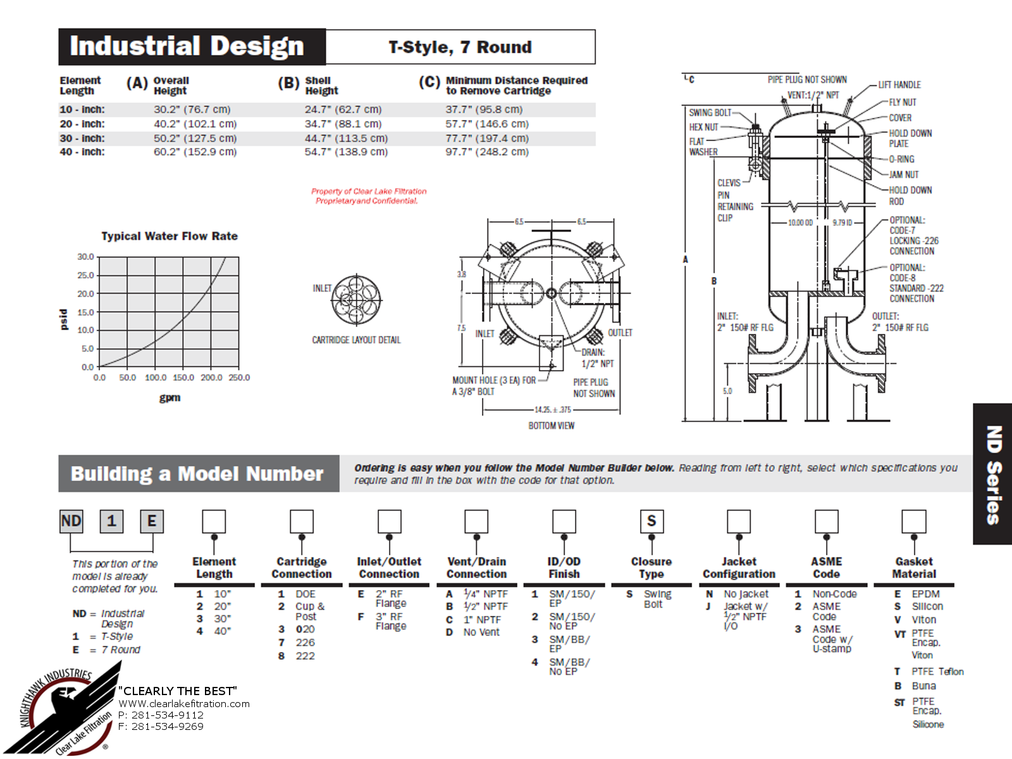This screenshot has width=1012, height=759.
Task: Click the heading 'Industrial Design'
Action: click(187, 46)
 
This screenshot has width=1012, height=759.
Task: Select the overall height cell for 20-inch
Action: click(195, 124)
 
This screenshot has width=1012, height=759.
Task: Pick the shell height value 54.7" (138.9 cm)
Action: click(346, 152)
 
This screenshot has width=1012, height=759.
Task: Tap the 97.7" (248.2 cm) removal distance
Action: click(487, 152)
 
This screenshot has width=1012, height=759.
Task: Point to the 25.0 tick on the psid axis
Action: click(85, 275)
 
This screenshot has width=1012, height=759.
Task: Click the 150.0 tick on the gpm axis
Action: click(183, 378)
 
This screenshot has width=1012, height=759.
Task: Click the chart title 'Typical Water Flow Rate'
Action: click(170, 236)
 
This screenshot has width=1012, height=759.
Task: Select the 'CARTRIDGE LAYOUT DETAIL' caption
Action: click(356, 340)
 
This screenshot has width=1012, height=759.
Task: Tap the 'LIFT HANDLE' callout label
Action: click(899, 85)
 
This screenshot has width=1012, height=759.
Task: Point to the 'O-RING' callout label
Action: click(902, 159)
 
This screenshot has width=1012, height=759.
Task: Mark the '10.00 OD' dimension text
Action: click(800, 223)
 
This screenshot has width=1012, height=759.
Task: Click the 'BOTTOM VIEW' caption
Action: click(552, 425)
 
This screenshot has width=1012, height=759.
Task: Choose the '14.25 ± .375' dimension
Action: click(553, 409)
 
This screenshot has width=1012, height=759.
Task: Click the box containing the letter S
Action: click(651, 521)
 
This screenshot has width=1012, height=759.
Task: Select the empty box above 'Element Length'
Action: click(214, 521)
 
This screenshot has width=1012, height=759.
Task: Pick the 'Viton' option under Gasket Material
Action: click(924, 620)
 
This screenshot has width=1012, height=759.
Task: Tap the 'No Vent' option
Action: click(481, 632)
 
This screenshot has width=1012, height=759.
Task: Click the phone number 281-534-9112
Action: click(168, 715)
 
